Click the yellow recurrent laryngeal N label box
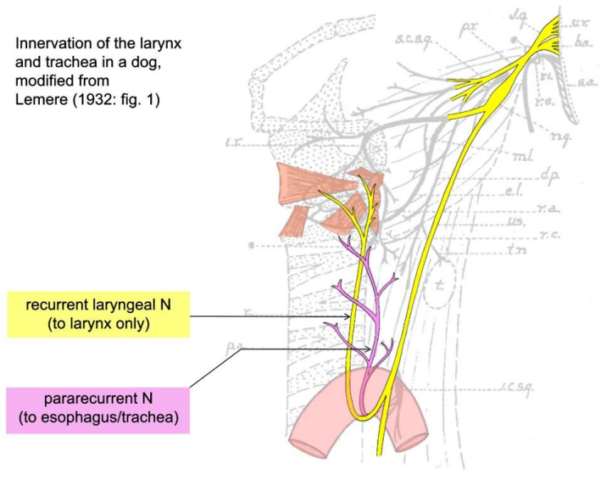point(97,315)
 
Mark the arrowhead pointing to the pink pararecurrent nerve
point(367,349)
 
